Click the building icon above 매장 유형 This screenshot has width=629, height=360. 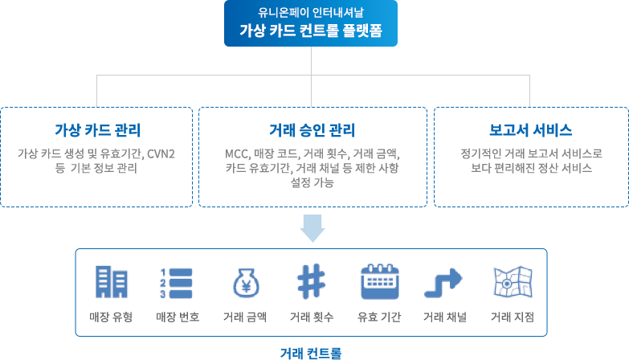point(111,282)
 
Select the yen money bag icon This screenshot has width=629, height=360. point(244,282)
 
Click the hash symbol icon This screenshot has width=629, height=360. point(310,282)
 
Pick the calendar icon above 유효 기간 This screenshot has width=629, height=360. point(378,282)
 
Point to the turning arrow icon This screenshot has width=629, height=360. point(444,282)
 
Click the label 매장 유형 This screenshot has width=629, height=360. point(111,317)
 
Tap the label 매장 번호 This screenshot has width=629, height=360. point(177,317)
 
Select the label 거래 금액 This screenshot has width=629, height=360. point(244,317)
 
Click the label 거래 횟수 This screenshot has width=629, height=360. point(311,317)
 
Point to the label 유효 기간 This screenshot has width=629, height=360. point(378,317)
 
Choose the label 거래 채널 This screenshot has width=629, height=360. point(444,317)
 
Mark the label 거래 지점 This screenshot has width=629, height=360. point(512,317)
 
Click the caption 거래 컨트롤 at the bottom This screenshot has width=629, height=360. point(311,352)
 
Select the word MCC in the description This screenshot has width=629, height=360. point(239,153)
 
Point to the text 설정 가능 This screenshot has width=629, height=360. point(310,182)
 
